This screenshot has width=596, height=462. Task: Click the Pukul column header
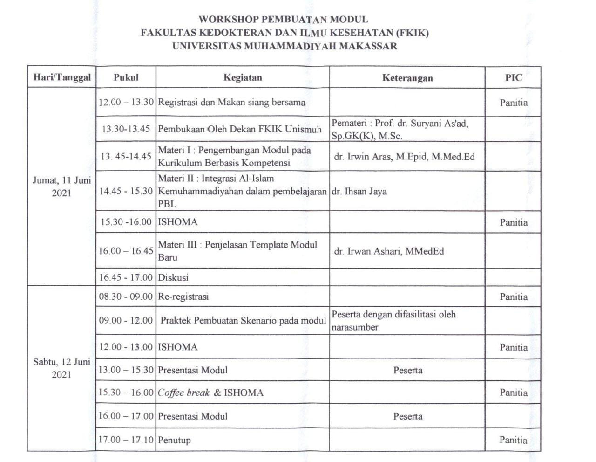pos(126,77)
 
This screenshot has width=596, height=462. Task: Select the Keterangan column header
pos(407,78)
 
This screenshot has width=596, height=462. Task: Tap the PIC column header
pos(514,78)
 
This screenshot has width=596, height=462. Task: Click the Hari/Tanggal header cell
pos(62,77)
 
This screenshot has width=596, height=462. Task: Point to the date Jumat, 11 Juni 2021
pos(62,186)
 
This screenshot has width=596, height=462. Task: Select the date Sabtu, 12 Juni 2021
pos(62,368)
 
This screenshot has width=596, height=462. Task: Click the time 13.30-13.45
pos(126,129)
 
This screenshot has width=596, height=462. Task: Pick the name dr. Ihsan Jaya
pos(359,191)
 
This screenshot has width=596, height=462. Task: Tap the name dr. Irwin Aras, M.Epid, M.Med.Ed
pos(404,157)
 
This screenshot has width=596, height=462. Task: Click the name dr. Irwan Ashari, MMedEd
pos(389,251)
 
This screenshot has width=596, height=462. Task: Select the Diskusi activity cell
pos(173,277)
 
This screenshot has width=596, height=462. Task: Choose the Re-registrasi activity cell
pos(183,297)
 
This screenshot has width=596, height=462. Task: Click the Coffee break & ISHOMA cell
pos(210,393)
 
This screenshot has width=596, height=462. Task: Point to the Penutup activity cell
pos(175,440)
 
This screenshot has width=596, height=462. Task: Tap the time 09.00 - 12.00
pos(126,320)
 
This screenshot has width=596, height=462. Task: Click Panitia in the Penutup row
pos(514,440)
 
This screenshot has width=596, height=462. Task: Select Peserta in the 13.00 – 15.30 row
pos(408,371)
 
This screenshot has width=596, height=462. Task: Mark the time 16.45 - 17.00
pos(126,277)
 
